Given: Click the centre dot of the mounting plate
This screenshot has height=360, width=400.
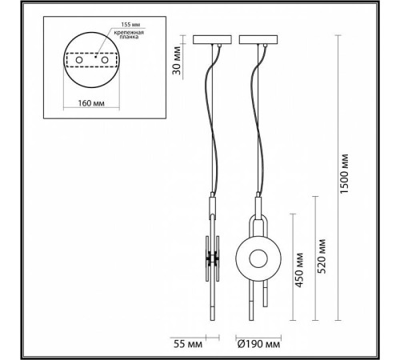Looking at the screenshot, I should tap(90, 58).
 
